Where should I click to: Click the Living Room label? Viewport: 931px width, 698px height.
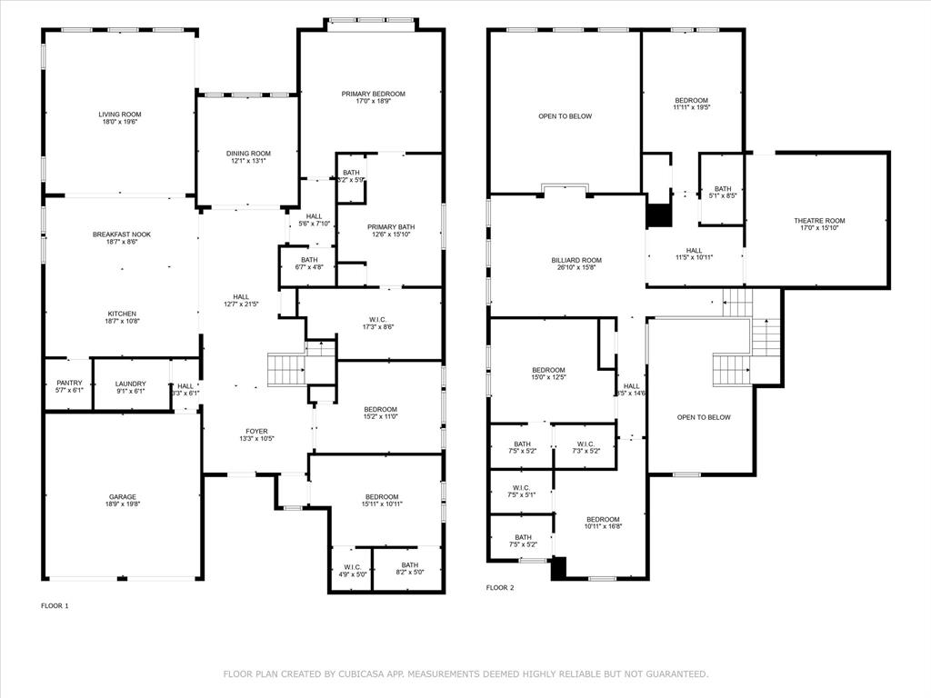click(120, 115)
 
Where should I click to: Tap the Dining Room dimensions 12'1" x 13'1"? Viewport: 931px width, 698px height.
click(248, 162)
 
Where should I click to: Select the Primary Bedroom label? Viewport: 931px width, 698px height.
click(373, 94)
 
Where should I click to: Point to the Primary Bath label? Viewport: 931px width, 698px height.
click(391, 226)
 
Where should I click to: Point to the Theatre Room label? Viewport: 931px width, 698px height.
click(819, 221)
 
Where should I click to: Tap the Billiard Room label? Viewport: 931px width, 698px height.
click(576, 261)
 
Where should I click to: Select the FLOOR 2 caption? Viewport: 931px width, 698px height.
click(499, 588)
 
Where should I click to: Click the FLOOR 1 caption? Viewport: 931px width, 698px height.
click(55, 605)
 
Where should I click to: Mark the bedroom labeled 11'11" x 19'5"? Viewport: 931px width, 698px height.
click(691, 104)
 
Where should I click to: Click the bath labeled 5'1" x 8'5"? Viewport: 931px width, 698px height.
click(722, 192)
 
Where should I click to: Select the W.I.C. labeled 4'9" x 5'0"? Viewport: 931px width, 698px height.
click(351, 570)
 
